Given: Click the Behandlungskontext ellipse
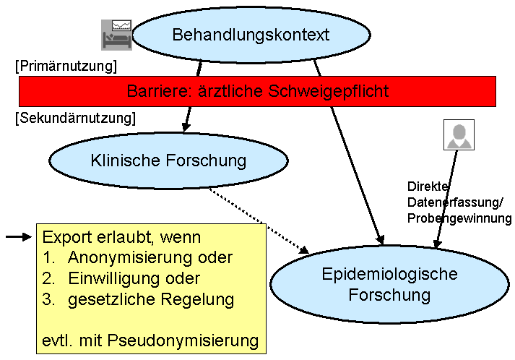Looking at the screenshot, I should [x=251, y=35].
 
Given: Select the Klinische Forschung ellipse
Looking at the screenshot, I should [x=168, y=160].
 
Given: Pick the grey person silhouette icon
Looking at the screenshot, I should [x=458, y=134].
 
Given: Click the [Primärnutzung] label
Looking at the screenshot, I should [x=66, y=67].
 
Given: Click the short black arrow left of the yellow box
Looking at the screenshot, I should [x=19, y=236].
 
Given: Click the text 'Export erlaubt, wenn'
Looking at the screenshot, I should [x=121, y=236].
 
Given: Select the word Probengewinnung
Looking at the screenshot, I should [x=459, y=218].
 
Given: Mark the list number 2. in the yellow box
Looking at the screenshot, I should [x=49, y=278].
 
